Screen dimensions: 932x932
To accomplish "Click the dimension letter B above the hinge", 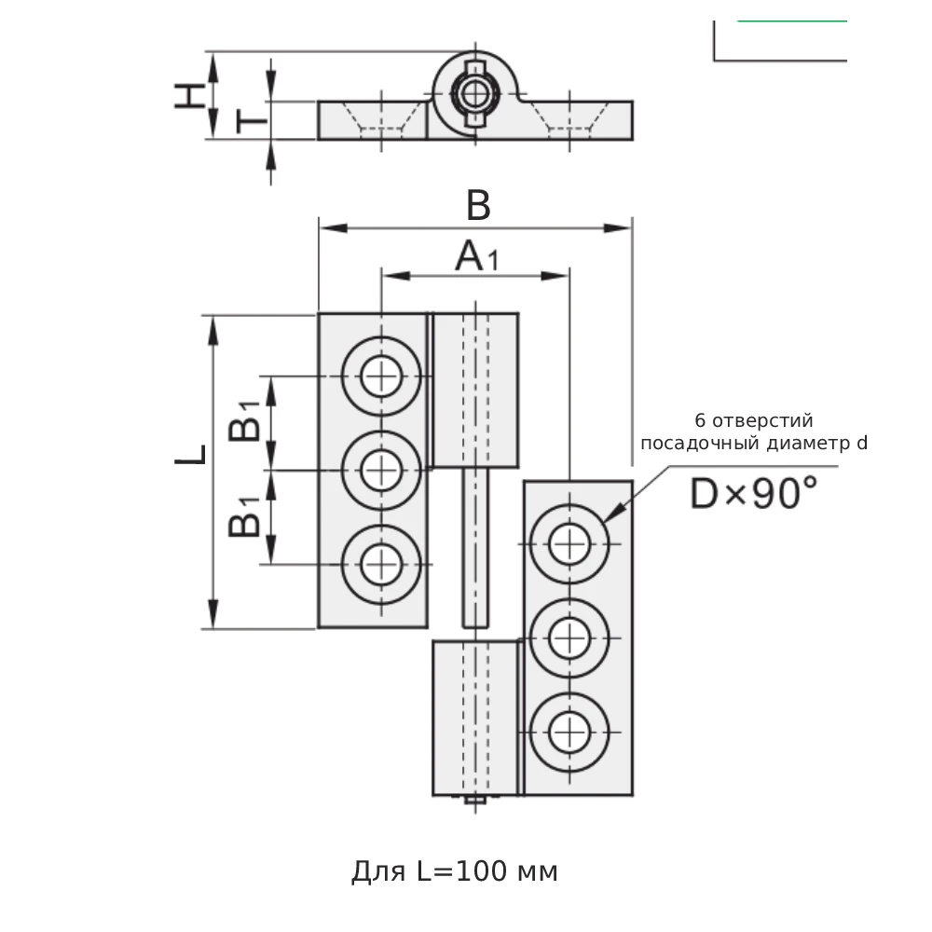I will point(477,206).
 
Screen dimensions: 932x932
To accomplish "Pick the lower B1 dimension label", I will point(245,518).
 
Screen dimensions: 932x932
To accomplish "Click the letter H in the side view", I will point(190,95).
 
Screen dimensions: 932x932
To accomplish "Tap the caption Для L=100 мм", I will point(455,871).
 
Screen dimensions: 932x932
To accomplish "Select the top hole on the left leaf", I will point(381,377).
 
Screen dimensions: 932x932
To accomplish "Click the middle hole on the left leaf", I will point(381,470).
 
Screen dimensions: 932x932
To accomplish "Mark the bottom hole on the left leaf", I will point(381,564).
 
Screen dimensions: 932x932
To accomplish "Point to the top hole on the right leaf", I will point(569,544).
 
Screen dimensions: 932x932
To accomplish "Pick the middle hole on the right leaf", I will point(569,638).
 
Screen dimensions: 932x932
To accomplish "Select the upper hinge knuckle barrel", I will point(475,390).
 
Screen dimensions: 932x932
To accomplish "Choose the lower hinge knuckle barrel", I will point(475,718).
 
